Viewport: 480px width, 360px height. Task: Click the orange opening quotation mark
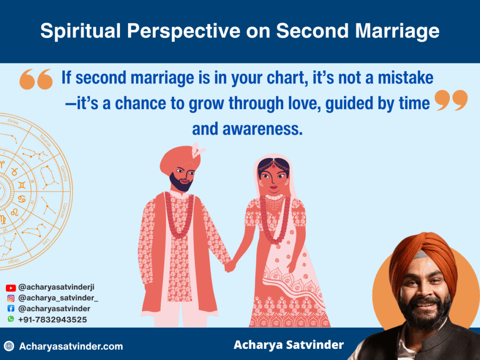36,79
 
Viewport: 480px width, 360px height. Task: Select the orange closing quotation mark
451,100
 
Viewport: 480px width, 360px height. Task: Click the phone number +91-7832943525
52,319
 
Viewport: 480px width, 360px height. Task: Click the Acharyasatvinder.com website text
71,346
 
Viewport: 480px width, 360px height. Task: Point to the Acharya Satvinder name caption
288,345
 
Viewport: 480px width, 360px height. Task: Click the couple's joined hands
230,266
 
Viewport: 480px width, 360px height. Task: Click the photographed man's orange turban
422,255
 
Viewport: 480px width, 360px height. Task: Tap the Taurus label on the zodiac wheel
45,139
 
